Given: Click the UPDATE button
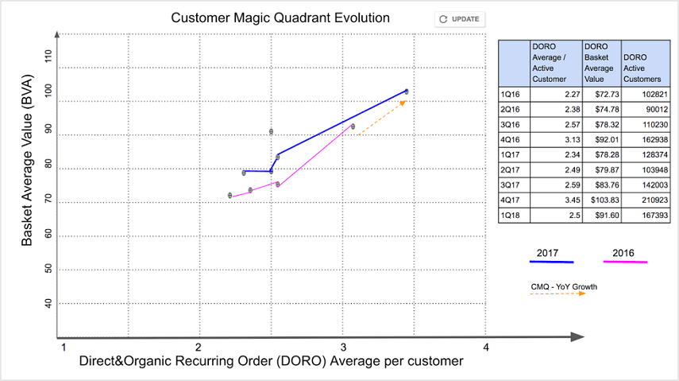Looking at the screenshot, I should coord(460,19).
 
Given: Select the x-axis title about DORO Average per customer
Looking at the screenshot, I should coord(270,361).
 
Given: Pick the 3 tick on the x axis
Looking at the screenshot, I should coord(342,347).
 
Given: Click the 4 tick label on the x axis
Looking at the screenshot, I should coord(486,347).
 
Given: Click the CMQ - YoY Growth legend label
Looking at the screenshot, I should coord(564,286).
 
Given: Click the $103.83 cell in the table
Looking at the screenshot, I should coord(601,200).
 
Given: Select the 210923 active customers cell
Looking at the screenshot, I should coord(645,200).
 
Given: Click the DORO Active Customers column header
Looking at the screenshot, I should coord(644,68).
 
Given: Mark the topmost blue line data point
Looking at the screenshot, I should coord(407,91).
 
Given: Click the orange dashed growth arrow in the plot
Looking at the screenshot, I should coord(381,119).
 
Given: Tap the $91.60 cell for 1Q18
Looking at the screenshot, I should coord(601,215).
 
